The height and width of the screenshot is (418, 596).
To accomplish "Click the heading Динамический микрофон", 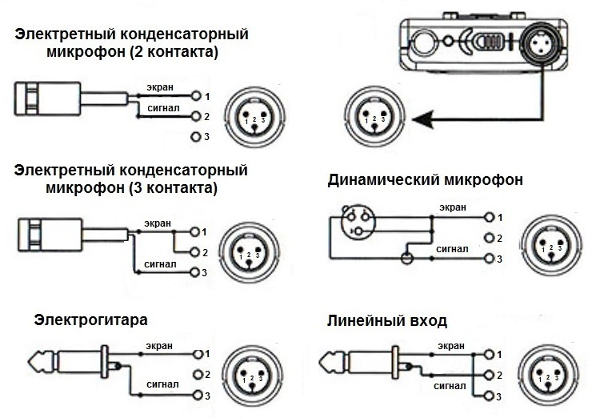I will click(425, 180).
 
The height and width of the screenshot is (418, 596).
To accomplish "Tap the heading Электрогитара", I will click(91, 320).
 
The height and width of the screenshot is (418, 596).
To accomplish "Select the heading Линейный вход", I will click(387, 321).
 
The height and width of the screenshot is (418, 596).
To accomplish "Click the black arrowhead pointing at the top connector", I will click(425, 121).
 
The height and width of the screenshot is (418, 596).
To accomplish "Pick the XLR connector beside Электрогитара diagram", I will click(254, 374).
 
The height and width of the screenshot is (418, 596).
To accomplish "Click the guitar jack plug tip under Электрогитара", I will click(38, 362).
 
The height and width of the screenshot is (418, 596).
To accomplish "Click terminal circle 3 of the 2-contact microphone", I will click(196, 137).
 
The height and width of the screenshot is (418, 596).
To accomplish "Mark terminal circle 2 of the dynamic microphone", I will click(489, 238).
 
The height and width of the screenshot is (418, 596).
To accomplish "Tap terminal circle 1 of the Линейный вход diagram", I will click(490, 353).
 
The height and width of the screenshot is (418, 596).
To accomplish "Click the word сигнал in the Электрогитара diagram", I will click(162, 385).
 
